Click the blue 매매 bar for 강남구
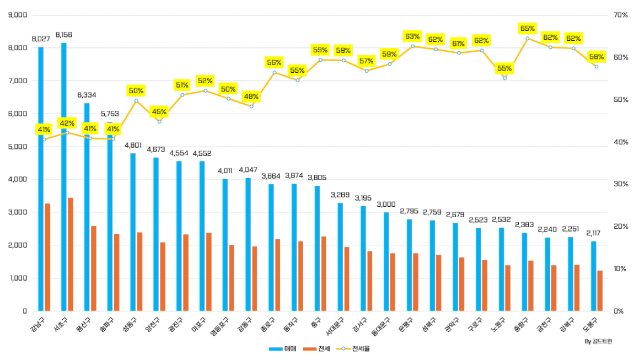(x=41, y=221)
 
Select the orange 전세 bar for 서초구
(x=71, y=254)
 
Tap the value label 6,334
(x=87, y=95)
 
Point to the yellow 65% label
(x=528, y=28)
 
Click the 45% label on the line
(x=159, y=112)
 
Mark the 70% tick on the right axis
(x=621, y=15)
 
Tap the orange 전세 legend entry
(x=320, y=349)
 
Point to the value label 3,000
(x=386, y=204)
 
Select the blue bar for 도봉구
(x=593, y=276)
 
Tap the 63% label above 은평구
(x=412, y=36)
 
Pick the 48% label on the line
(x=251, y=97)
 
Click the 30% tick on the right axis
(x=621, y=184)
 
